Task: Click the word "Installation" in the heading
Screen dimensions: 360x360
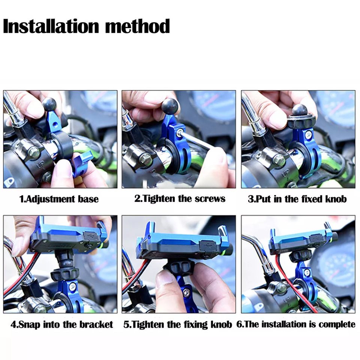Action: pos(51,26)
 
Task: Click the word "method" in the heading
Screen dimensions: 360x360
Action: pos(137,26)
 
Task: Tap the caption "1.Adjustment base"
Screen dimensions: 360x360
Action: pos(59,199)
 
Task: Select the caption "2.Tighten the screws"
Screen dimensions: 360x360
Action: pos(180,199)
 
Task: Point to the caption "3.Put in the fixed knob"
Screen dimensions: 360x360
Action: pos(297,199)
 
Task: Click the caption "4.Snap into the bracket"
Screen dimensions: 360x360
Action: pos(62,324)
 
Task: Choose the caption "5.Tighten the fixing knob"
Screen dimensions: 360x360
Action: pos(178,324)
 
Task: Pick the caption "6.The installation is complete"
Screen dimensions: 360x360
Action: pos(296,324)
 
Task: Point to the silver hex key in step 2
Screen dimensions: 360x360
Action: pos(198,139)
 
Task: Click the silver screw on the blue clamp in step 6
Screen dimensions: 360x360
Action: pos(307,273)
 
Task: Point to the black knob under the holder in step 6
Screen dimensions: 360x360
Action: pos(300,256)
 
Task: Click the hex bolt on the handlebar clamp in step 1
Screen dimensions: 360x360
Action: pos(33,152)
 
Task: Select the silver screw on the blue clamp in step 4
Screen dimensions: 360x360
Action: pos(72,286)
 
